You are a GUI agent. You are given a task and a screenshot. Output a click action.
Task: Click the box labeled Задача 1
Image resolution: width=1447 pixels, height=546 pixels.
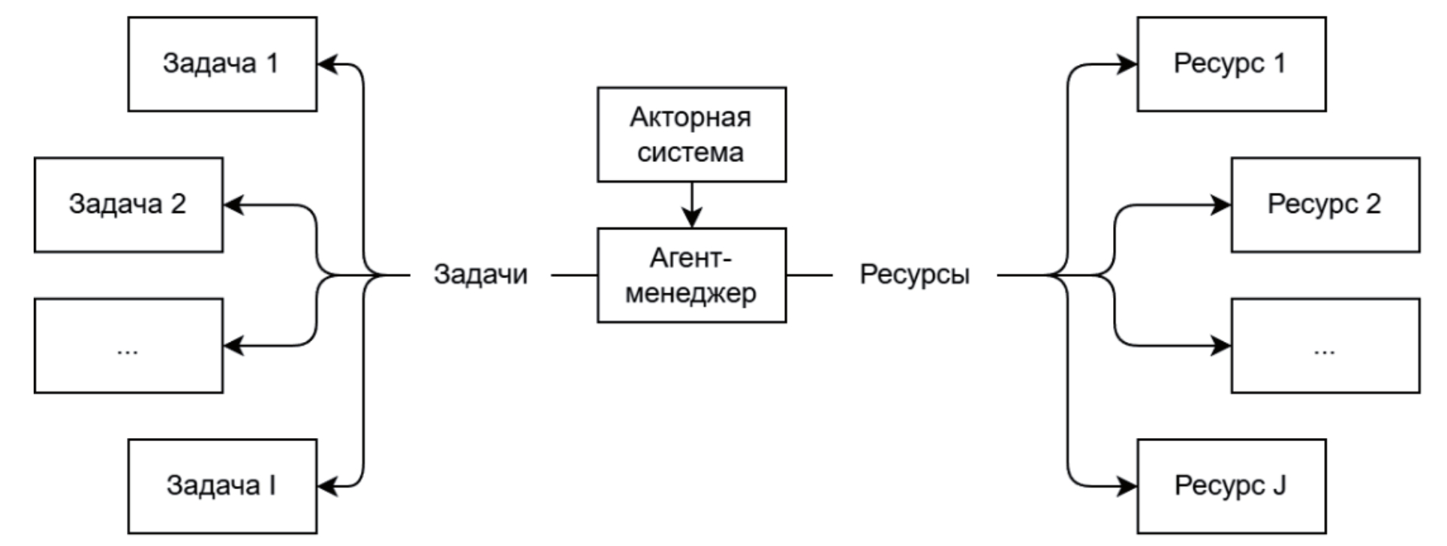[x=222, y=64]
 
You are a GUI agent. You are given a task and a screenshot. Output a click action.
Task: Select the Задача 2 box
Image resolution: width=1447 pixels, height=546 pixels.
[x=128, y=205]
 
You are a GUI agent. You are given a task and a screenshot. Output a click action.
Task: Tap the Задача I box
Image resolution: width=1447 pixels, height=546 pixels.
[x=222, y=486]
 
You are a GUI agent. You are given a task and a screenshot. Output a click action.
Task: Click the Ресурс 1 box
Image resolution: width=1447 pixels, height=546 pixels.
[x=1231, y=64]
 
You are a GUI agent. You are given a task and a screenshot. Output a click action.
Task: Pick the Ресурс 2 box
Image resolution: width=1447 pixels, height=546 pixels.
[x=1325, y=205]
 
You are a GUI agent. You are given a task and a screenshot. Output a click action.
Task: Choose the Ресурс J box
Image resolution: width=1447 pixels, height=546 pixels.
[x=1231, y=486]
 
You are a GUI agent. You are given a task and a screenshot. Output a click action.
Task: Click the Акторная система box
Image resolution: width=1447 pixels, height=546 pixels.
[x=691, y=134]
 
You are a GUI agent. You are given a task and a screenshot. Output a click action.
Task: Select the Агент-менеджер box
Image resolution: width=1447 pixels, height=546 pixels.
[x=691, y=275]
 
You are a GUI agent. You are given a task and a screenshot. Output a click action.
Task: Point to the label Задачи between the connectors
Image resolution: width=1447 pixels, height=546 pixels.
[x=480, y=275]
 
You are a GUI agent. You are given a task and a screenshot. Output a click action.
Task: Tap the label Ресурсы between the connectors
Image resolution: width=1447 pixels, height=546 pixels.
[x=914, y=275]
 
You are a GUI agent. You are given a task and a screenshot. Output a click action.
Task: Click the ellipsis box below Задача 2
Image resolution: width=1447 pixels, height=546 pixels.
[x=128, y=346]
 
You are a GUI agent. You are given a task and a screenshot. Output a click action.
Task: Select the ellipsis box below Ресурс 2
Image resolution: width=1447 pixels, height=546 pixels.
[x=1325, y=346]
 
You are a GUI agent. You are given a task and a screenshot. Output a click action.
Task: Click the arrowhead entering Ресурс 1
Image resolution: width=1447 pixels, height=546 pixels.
[x=1127, y=64]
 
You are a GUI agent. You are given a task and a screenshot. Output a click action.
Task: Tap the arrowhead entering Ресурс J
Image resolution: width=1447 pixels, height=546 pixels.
[x=1127, y=486]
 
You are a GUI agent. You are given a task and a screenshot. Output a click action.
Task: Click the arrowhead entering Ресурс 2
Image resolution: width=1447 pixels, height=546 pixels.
[x=1221, y=205]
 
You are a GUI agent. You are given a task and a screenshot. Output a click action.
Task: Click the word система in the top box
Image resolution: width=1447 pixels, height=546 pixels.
[x=690, y=152]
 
